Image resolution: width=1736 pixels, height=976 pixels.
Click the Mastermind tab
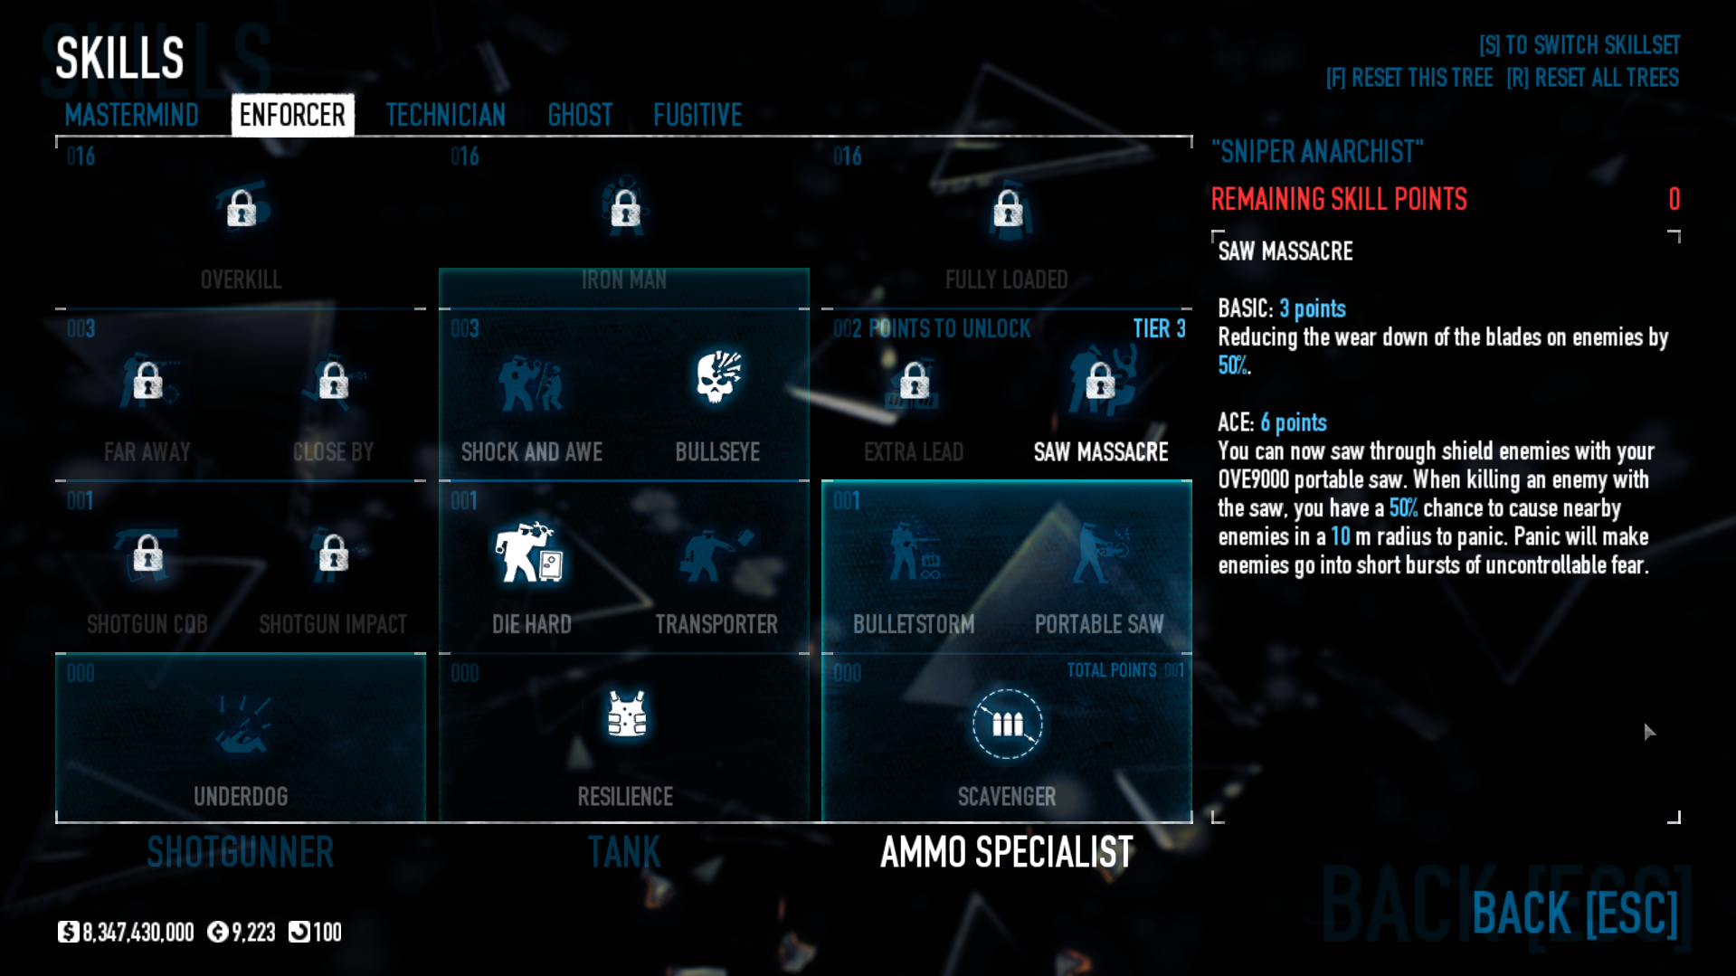[x=131, y=115]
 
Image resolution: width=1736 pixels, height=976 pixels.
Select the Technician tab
[x=445, y=115]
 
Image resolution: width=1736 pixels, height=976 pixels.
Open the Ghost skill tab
[x=580, y=115]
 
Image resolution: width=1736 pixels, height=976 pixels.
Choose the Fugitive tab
[x=697, y=115]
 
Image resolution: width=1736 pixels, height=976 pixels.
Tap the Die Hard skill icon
[x=530, y=552]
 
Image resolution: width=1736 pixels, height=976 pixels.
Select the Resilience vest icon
[x=626, y=715]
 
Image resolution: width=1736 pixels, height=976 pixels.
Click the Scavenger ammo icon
[x=1007, y=724]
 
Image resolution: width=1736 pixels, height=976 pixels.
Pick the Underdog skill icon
[x=241, y=724]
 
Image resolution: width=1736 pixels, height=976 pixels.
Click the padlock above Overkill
[x=242, y=209]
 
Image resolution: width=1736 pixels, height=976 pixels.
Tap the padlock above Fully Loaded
[x=1008, y=209]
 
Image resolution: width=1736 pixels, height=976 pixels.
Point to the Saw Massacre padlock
[x=1100, y=381]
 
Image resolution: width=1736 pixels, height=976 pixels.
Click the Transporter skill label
[x=716, y=624]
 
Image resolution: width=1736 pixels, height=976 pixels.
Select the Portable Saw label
[x=1099, y=624]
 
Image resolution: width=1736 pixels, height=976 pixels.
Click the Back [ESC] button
[x=1575, y=913]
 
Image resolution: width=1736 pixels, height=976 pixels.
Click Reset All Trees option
[x=1592, y=78]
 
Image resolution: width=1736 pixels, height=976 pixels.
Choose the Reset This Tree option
[x=1409, y=78]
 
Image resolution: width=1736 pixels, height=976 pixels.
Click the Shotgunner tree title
[x=241, y=852]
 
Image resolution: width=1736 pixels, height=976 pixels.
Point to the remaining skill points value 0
[x=1674, y=199]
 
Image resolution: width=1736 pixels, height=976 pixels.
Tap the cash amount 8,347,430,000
[x=138, y=933]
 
